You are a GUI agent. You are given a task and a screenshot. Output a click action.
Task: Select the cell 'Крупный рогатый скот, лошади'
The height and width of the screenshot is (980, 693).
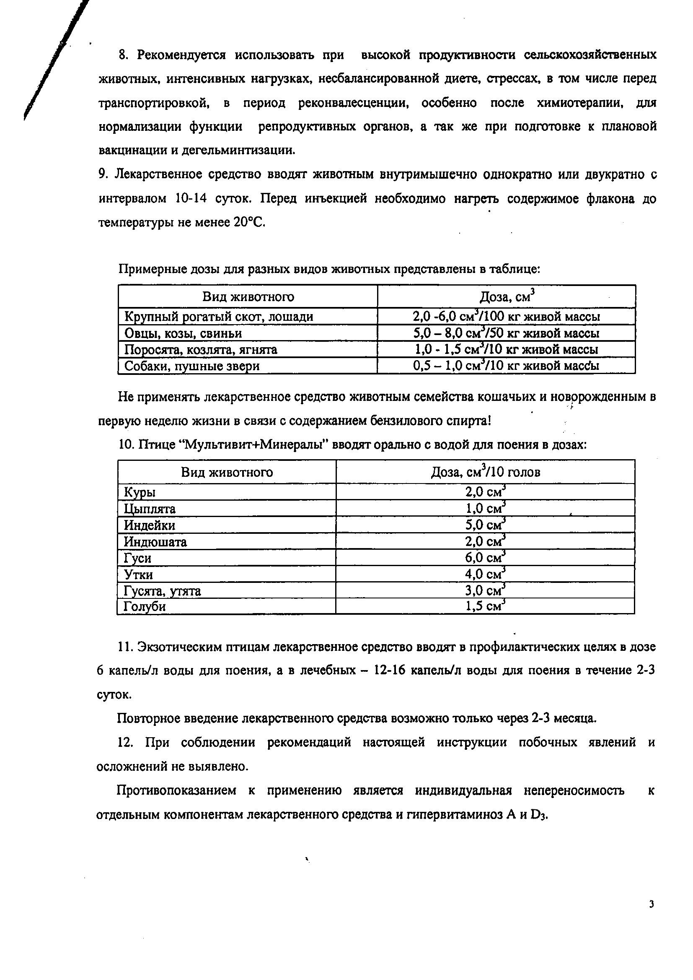tap(218, 317)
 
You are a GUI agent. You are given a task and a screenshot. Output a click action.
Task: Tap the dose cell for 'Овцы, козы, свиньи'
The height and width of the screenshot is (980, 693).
tap(506, 333)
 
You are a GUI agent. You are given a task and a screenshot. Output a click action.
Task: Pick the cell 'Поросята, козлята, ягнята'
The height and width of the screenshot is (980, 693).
tap(201, 350)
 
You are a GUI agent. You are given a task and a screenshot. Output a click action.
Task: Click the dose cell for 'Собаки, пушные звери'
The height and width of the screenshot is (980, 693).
tap(506, 366)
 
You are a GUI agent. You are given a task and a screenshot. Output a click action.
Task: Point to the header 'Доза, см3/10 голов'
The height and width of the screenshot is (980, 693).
tap(485, 472)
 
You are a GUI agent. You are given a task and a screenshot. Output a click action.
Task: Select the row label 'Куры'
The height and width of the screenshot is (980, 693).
tap(140, 492)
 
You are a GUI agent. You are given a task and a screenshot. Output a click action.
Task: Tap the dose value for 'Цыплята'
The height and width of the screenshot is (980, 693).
tap(485, 509)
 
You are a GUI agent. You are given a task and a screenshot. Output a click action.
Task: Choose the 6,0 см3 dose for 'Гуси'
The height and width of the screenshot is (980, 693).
tap(485, 558)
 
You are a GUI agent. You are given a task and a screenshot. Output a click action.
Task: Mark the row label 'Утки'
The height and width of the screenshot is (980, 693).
tap(138, 574)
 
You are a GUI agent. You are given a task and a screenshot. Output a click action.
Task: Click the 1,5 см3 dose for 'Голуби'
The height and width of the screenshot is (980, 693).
tap(485, 606)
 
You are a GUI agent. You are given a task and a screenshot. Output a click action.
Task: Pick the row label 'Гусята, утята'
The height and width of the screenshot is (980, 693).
tap(162, 591)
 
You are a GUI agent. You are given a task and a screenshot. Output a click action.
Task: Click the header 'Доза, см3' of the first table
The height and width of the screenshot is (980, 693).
tap(507, 296)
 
